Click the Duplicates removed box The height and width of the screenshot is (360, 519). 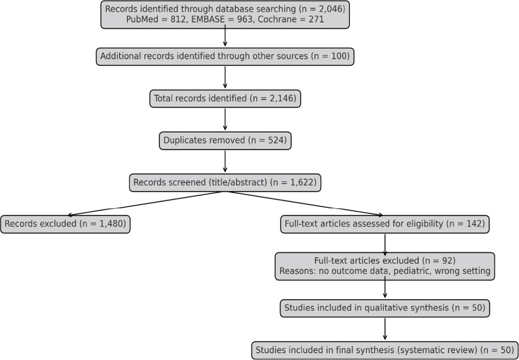[x=225, y=140]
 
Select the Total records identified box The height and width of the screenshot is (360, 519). [x=225, y=98]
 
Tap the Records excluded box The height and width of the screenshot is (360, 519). [x=65, y=224]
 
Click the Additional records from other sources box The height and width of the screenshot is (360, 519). [x=225, y=56]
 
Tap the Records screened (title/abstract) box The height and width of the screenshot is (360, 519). [x=225, y=182]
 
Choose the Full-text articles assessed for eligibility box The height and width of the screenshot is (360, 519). [x=385, y=224]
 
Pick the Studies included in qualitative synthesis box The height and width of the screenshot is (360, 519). [x=385, y=308]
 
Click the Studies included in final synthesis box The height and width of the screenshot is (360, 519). [x=385, y=350]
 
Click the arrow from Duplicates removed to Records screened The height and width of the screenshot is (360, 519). [x=225, y=161]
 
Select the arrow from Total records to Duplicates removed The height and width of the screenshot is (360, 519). [x=225, y=119]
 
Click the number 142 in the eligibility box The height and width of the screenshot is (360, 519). [x=471, y=224]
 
